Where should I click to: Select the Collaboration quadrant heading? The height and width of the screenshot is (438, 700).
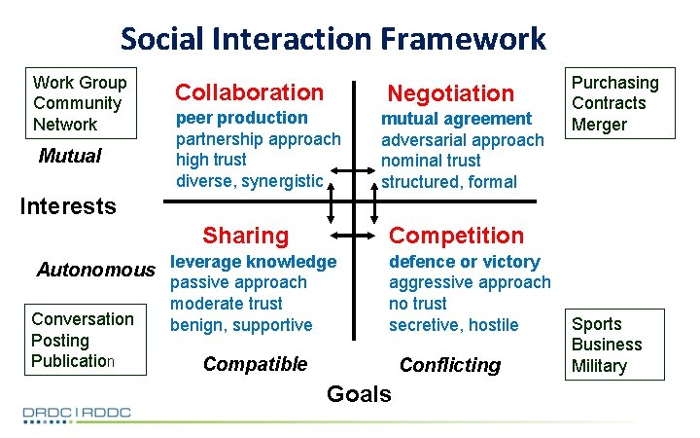249,92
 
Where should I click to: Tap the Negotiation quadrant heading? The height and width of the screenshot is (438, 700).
450,93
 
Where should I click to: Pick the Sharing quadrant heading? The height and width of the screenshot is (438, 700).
245,236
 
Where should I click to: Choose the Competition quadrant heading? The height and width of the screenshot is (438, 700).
456,236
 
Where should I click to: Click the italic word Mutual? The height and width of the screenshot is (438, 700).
69,157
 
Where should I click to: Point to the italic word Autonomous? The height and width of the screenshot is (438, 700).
95,270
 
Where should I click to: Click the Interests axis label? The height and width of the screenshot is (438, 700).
69,205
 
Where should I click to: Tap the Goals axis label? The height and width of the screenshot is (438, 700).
359,394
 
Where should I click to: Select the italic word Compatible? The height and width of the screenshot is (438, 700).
255,364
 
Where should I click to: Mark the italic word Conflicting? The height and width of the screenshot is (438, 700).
450,365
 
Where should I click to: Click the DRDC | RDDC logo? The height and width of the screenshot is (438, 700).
77,413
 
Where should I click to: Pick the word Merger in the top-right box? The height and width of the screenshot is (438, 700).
599,125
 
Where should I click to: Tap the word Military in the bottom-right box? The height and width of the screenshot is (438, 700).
599,366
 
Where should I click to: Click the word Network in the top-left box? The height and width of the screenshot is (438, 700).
65,125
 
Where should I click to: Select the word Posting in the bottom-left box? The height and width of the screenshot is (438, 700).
60,341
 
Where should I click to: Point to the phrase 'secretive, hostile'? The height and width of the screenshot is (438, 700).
454,325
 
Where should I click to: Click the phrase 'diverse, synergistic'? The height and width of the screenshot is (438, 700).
249,181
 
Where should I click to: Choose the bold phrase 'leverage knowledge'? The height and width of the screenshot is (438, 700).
253,261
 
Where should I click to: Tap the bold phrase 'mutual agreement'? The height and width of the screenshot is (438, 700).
456,119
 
